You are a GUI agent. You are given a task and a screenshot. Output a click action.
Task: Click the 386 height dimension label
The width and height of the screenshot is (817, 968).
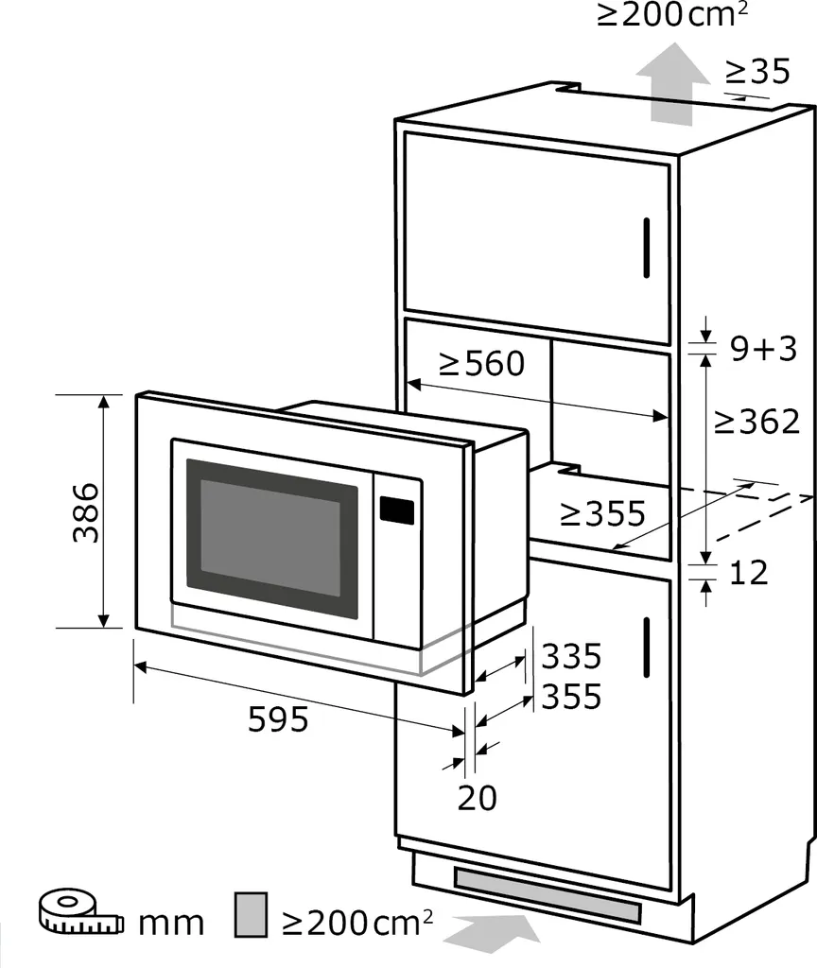coord(86,512)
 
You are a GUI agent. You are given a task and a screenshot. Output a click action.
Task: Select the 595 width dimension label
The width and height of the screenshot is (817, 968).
coord(278,719)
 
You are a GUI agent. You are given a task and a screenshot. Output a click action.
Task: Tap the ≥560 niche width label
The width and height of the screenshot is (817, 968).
coord(481,364)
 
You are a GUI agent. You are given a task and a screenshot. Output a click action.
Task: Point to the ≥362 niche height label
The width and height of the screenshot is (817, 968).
coord(756,422)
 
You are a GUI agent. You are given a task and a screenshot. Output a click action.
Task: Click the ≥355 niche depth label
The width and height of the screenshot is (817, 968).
coord(602,513)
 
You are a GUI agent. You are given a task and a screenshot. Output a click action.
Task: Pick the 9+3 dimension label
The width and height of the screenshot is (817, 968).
coord(764,349)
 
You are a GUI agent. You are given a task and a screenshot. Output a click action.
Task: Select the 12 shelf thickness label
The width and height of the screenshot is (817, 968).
coord(749,573)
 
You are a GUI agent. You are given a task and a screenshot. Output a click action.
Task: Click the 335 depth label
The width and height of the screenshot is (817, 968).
coord(571,656)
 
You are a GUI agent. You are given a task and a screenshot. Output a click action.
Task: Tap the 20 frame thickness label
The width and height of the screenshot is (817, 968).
coord(478,798)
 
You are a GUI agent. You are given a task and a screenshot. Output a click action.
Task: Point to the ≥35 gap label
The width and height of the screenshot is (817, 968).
coord(757,71)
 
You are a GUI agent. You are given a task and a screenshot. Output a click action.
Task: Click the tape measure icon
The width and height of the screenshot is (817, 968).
coord(81,911)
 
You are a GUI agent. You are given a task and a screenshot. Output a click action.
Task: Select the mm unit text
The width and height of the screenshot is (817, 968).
coord(171,924)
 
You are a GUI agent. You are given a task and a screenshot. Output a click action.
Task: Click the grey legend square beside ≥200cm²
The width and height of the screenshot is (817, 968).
coord(251,914)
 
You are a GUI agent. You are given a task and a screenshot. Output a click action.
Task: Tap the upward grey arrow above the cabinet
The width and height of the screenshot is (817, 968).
coord(672,83)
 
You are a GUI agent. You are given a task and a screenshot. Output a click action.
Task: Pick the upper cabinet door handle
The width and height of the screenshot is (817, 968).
coord(647,248)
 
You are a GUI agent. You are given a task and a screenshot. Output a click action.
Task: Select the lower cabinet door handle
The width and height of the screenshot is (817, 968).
coord(647,647)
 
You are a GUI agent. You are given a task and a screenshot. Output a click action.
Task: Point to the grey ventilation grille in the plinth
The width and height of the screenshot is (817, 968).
coord(548,895)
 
